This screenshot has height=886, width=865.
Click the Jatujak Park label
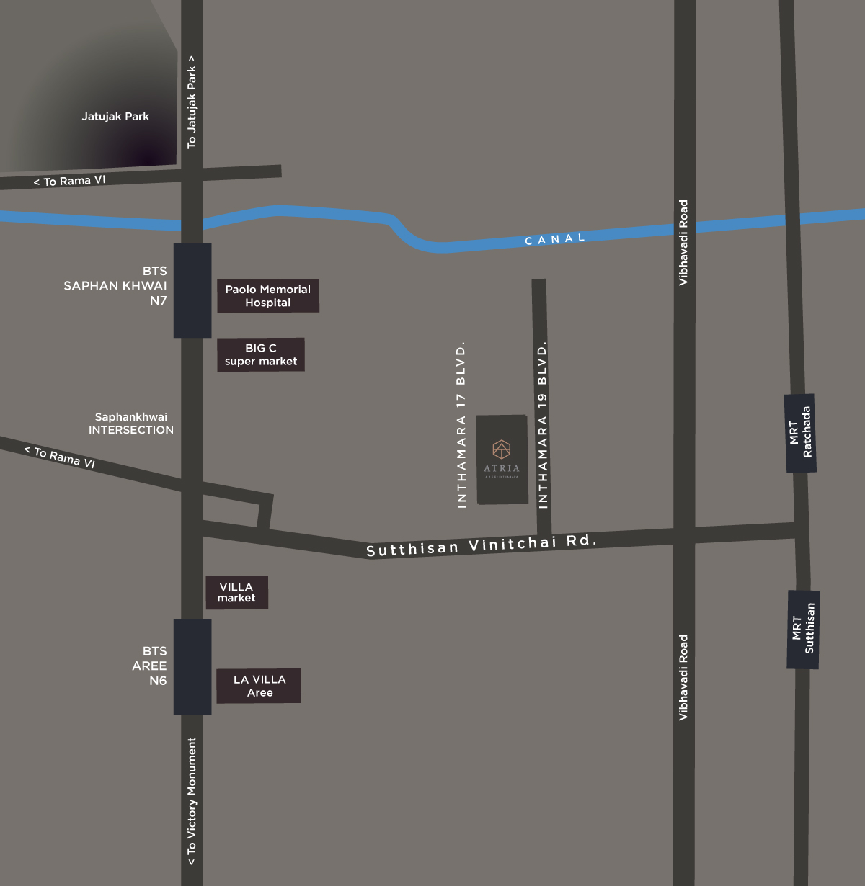[115, 117]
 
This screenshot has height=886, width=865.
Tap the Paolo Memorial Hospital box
[268, 296]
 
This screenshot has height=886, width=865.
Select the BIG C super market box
[261, 354]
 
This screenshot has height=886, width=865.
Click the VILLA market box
[236, 592]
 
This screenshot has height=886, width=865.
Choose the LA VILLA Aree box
[259, 686]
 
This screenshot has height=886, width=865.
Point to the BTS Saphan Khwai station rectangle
[192, 290]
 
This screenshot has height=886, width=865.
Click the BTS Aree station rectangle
[192, 666]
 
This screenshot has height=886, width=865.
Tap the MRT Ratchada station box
[800, 433]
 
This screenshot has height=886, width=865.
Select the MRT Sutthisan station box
[803, 630]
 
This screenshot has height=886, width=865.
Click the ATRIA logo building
[502, 459]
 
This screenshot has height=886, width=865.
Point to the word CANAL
[555, 239]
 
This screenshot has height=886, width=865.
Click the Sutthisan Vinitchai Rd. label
[482, 545]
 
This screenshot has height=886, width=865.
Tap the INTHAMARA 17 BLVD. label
[461, 425]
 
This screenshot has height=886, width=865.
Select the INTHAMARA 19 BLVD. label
[543, 425]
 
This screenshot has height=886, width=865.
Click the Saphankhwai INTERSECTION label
[131, 424]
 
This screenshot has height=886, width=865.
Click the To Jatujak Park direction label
[192, 102]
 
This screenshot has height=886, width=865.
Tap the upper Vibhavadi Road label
[683, 243]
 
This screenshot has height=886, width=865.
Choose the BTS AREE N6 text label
[150, 666]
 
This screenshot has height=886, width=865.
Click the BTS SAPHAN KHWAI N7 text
[116, 286]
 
